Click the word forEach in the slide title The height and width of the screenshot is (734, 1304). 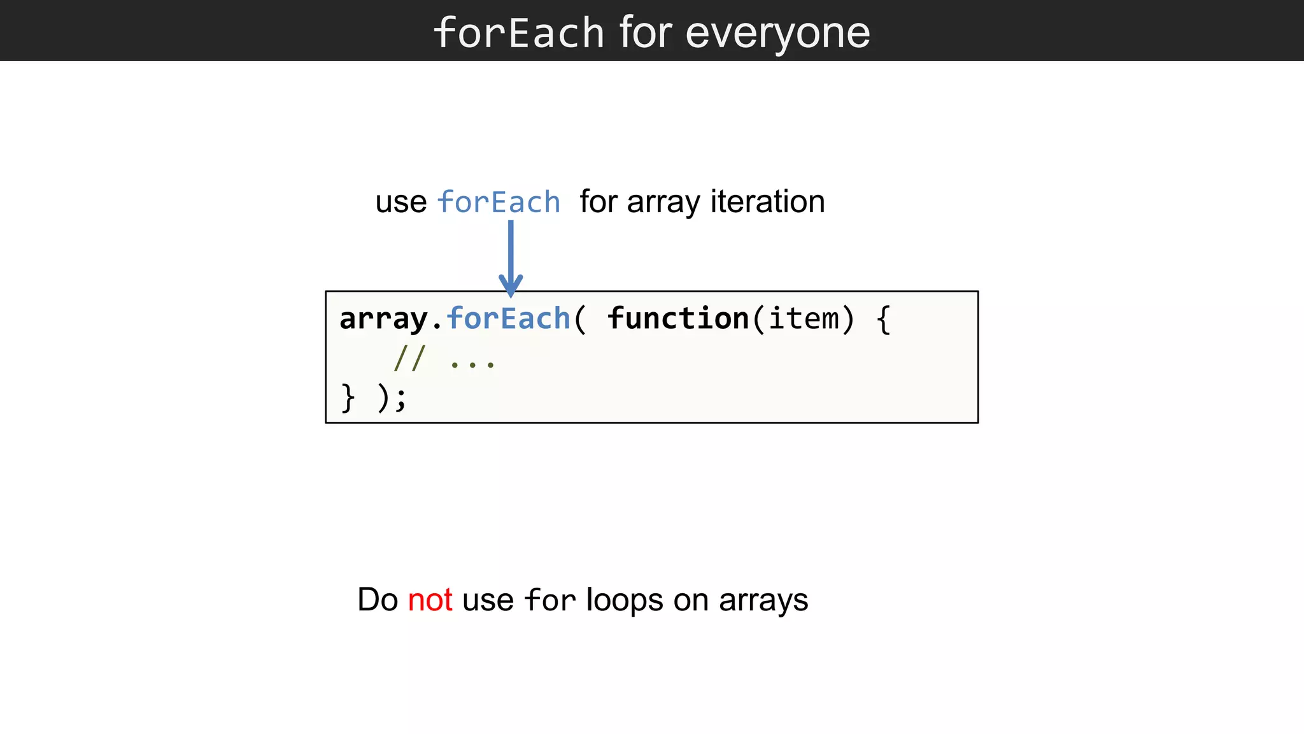click(x=518, y=32)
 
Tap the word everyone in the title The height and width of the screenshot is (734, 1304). click(x=777, y=32)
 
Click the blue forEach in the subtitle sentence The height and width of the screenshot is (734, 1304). click(x=499, y=203)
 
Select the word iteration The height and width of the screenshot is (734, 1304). click(x=767, y=202)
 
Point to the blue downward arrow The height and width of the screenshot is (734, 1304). click(x=511, y=258)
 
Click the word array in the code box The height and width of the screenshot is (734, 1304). click(x=383, y=319)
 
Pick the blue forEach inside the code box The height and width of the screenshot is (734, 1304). click(x=508, y=319)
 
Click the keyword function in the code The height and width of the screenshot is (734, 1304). click(x=678, y=319)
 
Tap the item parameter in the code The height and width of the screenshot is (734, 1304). click(x=804, y=319)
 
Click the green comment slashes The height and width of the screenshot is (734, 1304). click(x=409, y=358)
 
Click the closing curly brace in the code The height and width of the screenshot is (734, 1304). click(x=348, y=398)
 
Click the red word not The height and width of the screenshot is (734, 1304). click(x=430, y=600)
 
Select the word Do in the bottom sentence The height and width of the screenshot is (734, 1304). click(x=378, y=600)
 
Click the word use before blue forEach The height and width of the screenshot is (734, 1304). click(x=400, y=203)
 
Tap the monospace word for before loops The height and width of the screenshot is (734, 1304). click(x=549, y=600)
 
